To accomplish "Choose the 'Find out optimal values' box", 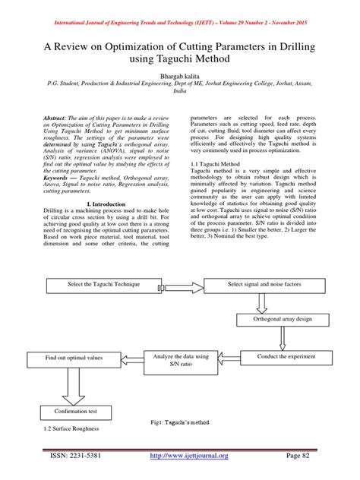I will tap(66, 356).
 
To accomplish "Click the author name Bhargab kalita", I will tap(179, 78).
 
